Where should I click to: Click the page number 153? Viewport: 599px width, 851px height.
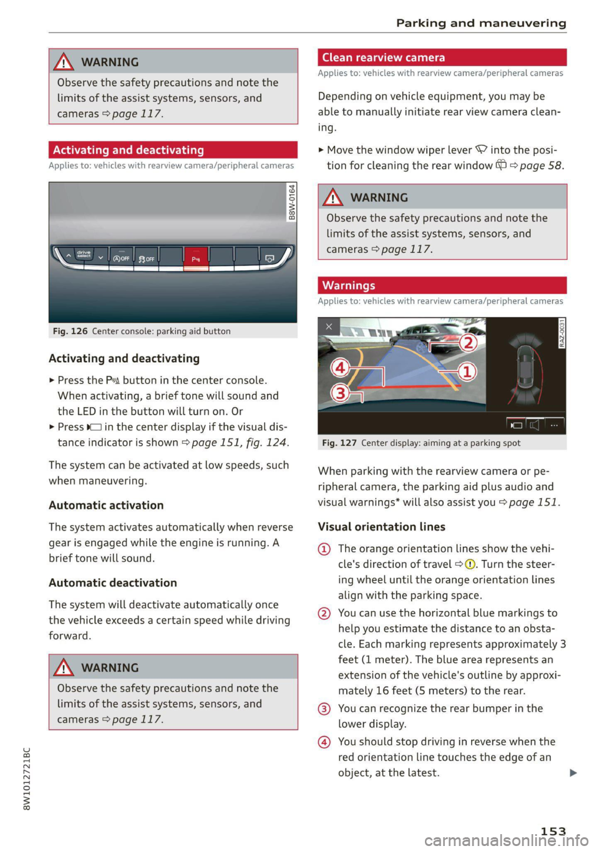point(553,831)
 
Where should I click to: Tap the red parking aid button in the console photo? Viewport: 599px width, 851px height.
point(196,257)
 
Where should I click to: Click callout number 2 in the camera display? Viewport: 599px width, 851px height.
point(468,342)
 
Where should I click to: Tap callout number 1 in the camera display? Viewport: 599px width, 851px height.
point(467,372)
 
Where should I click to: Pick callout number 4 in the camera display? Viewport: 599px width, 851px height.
point(340,367)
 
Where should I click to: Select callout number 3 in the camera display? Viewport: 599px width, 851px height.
point(340,393)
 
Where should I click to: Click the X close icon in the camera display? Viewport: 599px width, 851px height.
point(329,327)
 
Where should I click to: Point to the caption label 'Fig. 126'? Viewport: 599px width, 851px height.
point(70,332)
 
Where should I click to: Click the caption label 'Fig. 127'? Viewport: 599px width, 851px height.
point(339,443)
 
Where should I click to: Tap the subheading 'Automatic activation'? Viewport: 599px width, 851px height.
point(106,505)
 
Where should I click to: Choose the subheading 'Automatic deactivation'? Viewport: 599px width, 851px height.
point(113,583)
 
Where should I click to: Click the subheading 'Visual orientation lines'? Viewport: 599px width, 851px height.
point(381,526)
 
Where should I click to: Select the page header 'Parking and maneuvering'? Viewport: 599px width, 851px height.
point(481,23)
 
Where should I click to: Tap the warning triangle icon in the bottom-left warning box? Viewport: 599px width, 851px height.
point(64,668)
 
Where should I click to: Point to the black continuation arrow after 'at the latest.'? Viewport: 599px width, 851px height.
point(573,773)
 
